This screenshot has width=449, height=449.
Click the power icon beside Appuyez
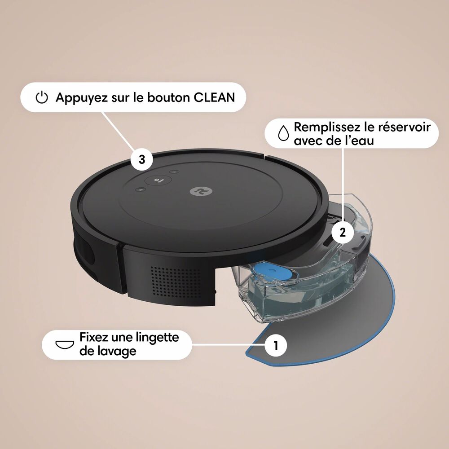pyautogui.click(x=41, y=97)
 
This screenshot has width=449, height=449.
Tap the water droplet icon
pyautogui.click(x=283, y=133)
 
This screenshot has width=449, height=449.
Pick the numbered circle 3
pyautogui.click(x=142, y=160)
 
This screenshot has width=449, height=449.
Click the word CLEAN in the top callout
pyautogui.click(x=214, y=97)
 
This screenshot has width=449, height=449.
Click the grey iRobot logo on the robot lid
pyautogui.click(x=197, y=191)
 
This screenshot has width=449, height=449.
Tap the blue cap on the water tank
pyautogui.click(x=269, y=272)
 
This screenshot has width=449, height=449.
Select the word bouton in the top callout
pyautogui.click(x=165, y=97)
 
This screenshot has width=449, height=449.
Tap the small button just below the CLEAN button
pyautogui.click(x=141, y=190)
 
